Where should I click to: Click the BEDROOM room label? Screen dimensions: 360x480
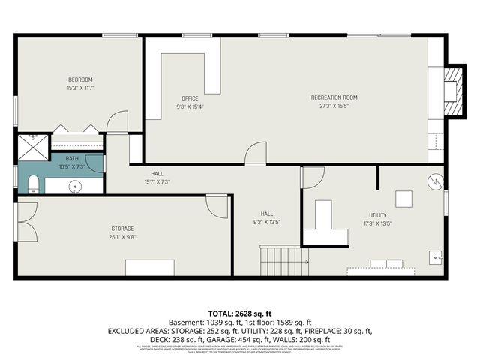(80, 80)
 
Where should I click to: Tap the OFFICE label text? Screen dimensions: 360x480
(190, 98)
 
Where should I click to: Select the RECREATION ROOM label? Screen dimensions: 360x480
(334, 97)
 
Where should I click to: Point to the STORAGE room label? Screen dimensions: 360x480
(122, 228)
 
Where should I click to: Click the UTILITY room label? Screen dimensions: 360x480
(377, 215)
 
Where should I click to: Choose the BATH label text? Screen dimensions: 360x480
(71, 158)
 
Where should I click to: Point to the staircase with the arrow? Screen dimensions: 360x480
(283, 262)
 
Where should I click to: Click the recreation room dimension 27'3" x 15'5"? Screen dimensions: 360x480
(334, 106)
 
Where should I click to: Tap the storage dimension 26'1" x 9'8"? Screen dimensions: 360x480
(122, 237)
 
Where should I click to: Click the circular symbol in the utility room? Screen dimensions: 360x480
(434, 181)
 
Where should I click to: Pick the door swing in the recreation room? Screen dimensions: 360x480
(255, 153)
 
